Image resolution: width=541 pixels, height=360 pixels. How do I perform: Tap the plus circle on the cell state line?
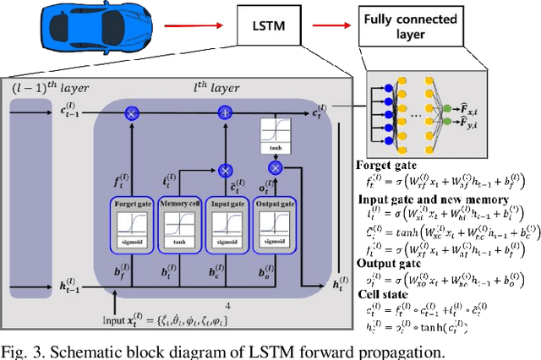point(225,112)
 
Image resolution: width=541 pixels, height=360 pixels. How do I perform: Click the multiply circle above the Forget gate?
point(131,112)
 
